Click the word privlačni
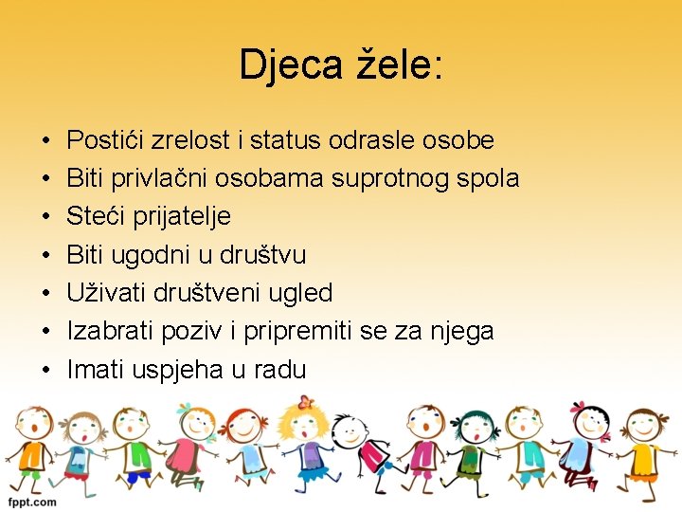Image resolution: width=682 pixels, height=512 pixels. click(x=161, y=178)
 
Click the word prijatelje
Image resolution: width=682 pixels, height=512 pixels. click(x=179, y=217)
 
